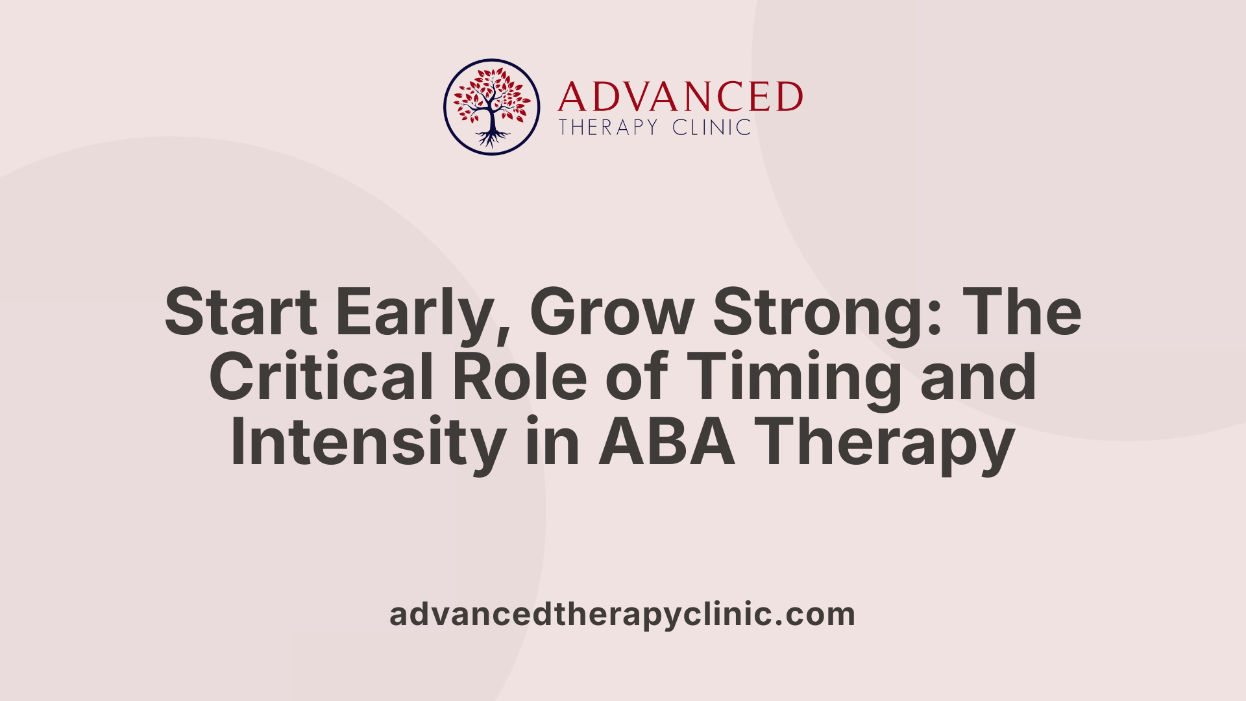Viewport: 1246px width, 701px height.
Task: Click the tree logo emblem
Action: pyautogui.click(x=491, y=107)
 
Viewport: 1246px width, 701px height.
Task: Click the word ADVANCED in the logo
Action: pyautogui.click(x=679, y=97)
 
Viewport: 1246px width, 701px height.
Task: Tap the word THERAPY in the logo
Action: pyautogui.click(x=608, y=127)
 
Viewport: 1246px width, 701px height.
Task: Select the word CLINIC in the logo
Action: pyautogui.click(x=712, y=127)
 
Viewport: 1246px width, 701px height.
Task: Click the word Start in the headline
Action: pyautogui.click(x=241, y=312)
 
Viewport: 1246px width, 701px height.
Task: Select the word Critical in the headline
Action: pyautogui.click(x=321, y=377)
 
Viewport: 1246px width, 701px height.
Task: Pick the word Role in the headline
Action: pyautogui.click(x=520, y=377)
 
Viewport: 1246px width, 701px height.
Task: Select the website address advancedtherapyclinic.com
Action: pyautogui.click(x=622, y=615)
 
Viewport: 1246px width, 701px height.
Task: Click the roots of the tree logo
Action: pyautogui.click(x=491, y=138)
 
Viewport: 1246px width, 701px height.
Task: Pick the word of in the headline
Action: pyautogui.click(x=637, y=377)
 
